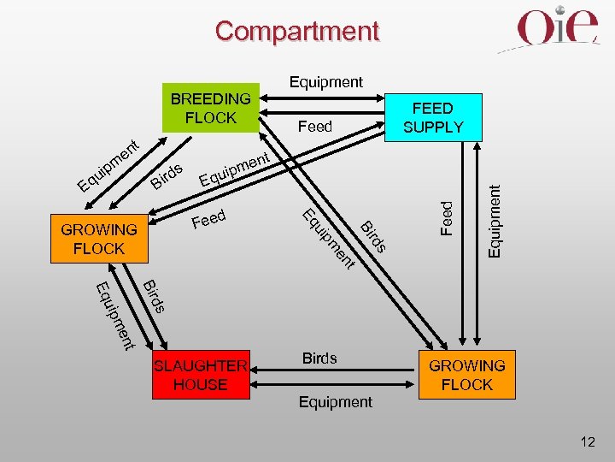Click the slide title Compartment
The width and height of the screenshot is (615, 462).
pyautogui.click(x=296, y=31)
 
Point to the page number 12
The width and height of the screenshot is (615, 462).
pyautogui.click(x=587, y=442)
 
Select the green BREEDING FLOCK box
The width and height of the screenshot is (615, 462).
pyautogui.click(x=210, y=109)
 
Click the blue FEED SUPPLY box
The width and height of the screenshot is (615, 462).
pyautogui.click(x=433, y=117)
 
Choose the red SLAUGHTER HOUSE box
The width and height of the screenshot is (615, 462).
pyautogui.click(x=200, y=376)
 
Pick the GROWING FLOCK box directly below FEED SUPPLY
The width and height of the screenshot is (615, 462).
pyautogui.click(x=466, y=376)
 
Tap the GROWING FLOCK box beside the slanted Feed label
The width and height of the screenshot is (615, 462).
pyautogui.click(x=99, y=239)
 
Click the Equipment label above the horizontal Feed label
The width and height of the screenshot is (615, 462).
pyautogui.click(x=325, y=82)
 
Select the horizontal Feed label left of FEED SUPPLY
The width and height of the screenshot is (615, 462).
pyautogui.click(x=314, y=127)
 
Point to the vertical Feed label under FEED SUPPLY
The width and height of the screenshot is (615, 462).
pyautogui.click(x=447, y=217)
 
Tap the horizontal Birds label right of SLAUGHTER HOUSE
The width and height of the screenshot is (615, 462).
pyautogui.click(x=319, y=358)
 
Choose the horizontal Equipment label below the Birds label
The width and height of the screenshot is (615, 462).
pyautogui.click(x=335, y=401)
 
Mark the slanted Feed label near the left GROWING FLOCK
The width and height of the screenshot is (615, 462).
pyautogui.click(x=208, y=220)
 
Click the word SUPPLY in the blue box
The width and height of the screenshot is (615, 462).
pyautogui.click(x=433, y=127)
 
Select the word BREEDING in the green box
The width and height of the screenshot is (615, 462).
pyautogui.click(x=210, y=99)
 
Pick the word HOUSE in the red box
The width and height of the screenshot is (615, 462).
pyautogui.click(x=200, y=385)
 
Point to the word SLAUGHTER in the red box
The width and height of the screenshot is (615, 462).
pyautogui.click(x=200, y=366)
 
